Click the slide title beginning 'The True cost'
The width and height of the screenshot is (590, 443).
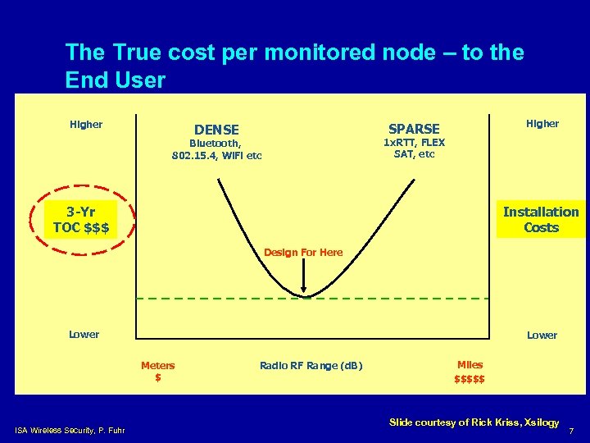point(294,66)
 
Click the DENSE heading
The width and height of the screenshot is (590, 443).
point(216,130)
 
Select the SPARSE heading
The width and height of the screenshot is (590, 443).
point(414,129)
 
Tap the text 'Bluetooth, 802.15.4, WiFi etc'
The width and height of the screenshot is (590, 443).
point(217,149)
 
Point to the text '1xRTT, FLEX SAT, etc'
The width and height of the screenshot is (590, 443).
point(414,148)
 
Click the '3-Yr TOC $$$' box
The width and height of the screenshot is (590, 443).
point(81,220)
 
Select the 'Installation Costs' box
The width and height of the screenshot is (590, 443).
point(541,220)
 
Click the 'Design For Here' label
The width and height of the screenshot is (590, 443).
point(303,253)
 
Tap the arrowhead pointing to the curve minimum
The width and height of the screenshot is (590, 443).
point(304,290)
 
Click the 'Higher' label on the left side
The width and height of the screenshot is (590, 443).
point(86,125)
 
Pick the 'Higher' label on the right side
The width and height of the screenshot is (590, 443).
point(542,124)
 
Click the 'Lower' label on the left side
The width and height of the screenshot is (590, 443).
point(84,335)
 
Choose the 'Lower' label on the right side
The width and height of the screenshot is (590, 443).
point(542,336)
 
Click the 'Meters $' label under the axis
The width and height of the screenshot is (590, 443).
point(157,372)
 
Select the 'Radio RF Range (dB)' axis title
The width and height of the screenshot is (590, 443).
point(311,366)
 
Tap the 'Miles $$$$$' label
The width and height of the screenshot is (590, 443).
point(470,372)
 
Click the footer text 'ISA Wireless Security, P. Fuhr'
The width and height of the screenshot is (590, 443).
point(70,429)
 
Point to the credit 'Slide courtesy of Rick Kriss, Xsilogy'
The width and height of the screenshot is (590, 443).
point(474,422)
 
